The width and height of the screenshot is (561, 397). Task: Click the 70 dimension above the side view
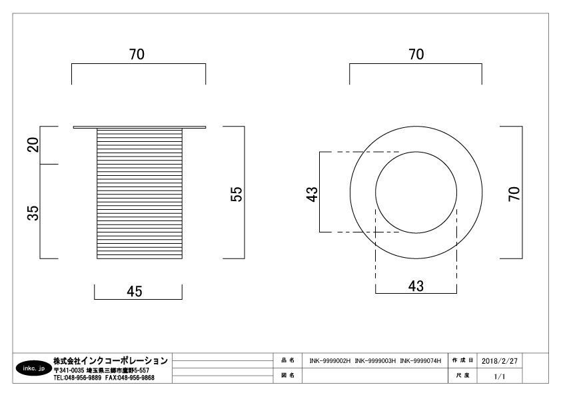click(x=137, y=55)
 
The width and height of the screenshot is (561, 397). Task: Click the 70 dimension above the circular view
click(x=416, y=55)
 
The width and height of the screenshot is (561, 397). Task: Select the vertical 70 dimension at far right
click(x=514, y=193)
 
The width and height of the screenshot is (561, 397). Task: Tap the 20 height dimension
click(x=33, y=145)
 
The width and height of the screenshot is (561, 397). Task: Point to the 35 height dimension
click(x=33, y=212)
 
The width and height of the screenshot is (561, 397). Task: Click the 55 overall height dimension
click(x=236, y=195)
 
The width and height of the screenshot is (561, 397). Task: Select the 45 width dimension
click(x=135, y=292)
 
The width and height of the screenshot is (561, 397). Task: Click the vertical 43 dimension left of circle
click(x=312, y=195)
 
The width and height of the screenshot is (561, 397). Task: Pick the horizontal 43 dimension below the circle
click(x=416, y=286)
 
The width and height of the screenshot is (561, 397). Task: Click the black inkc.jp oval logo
click(x=33, y=368)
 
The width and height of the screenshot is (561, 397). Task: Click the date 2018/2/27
click(x=500, y=361)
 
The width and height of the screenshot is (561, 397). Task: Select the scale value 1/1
click(x=500, y=376)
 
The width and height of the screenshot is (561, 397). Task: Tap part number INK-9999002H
click(x=330, y=361)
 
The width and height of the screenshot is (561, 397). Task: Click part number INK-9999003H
click(x=375, y=361)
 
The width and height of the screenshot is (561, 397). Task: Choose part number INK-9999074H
click(x=421, y=361)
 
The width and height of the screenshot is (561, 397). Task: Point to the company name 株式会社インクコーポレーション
click(x=111, y=360)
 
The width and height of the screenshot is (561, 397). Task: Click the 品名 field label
click(x=288, y=360)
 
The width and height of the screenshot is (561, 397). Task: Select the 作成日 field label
click(x=462, y=360)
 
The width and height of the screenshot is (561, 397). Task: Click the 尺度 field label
click(x=462, y=376)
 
